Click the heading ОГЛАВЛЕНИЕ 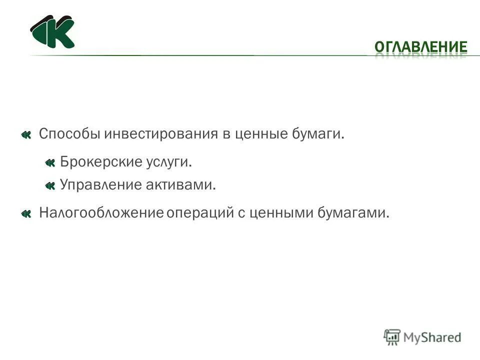(x=421, y=47)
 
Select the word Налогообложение (x=101, y=213)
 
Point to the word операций (x=198, y=213)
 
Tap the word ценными (x=280, y=213)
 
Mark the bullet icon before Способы (x=26, y=134)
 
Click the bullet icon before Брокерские (x=49, y=162)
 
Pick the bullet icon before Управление (x=49, y=186)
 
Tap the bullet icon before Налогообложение (x=26, y=214)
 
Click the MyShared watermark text (x=432, y=337)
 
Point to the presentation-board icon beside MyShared (x=392, y=337)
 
